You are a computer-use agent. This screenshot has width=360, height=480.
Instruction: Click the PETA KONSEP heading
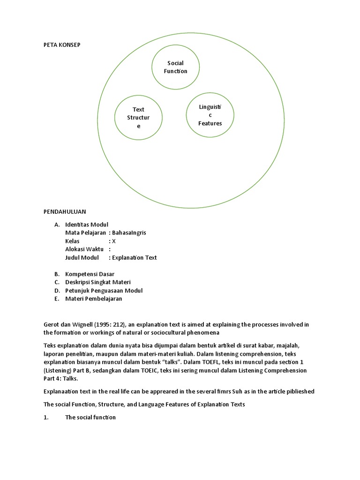click(62, 45)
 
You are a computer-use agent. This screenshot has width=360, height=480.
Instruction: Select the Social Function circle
click(175, 67)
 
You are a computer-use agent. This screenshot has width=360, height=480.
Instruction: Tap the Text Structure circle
click(138, 118)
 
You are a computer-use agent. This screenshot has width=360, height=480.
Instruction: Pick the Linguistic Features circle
click(210, 115)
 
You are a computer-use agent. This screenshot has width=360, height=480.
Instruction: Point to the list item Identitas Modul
click(89, 225)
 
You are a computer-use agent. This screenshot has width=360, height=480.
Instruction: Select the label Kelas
click(73, 241)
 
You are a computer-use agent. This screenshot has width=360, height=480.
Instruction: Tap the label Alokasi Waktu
click(84, 249)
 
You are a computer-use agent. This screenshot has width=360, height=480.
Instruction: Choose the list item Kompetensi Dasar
click(90, 274)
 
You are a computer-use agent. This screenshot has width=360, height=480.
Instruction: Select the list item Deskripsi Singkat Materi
click(97, 282)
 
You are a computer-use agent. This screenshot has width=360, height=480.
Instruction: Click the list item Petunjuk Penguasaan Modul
click(104, 290)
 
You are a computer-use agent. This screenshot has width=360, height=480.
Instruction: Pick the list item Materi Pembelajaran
click(93, 299)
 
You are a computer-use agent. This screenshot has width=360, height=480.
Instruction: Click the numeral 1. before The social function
click(46, 417)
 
